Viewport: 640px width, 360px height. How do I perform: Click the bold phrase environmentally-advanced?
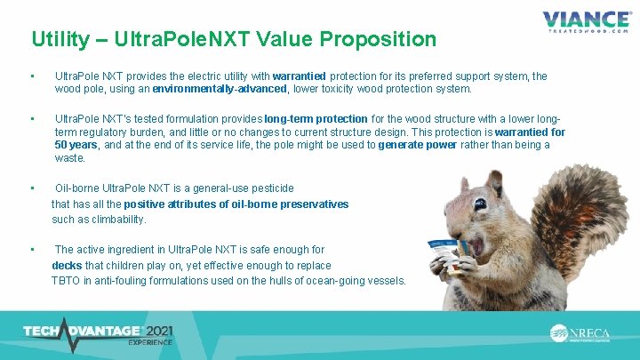(220, 89)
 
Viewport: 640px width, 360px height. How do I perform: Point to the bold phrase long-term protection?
(316, 118)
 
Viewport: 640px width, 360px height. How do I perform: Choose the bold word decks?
(68, 265)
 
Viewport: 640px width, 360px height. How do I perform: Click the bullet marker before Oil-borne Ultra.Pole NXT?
(31, 188)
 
